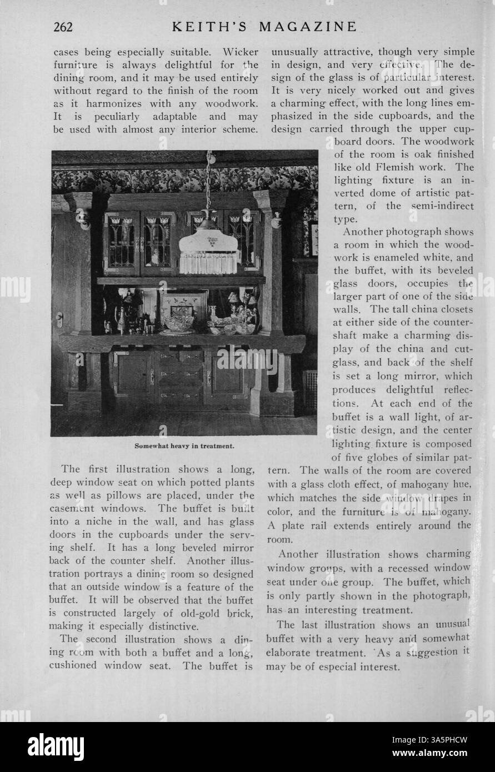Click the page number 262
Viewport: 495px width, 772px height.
point(67,26)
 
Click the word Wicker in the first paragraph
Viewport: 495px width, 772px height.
point(241,52)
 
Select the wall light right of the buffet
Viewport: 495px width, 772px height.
point(275,220)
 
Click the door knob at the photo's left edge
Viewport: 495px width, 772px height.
point(59,320)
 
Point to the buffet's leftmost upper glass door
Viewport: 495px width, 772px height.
point(121,242)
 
